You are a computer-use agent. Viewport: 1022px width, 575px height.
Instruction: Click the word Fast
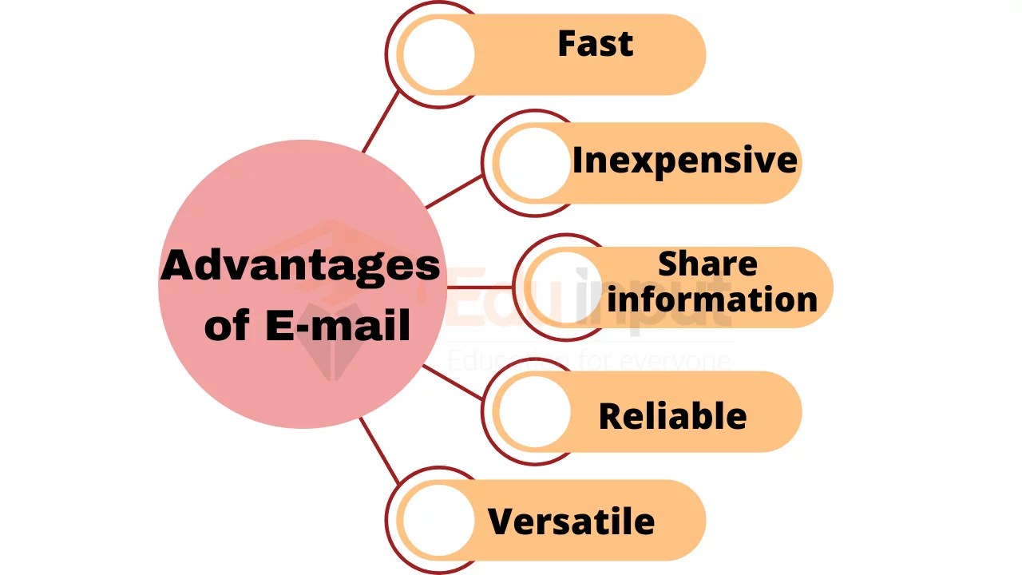click(x=595, y=44)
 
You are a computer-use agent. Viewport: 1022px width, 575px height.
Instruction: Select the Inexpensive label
click(x=684, y=161)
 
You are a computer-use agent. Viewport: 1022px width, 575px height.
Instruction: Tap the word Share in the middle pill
click(x=707, y=264)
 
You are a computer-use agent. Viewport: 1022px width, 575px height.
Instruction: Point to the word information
click(x=712, y=299)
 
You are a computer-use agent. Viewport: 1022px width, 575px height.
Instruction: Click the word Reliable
click(x=672, y=416)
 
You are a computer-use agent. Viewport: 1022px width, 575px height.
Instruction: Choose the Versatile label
click(x=571, y=521)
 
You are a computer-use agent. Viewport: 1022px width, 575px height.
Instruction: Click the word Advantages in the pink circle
click(x=300, y=266)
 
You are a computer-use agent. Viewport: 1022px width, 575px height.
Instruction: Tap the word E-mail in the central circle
click(x=339, y=325)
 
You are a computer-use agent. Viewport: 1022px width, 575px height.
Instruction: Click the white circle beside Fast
click(x=438, y=54)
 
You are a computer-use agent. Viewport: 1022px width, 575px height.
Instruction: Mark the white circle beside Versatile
click(x=438, y=520)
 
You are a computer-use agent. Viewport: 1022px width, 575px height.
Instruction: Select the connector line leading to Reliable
click(x=453, y=382)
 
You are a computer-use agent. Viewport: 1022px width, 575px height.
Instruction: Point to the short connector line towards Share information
click(x=479, y=286)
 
